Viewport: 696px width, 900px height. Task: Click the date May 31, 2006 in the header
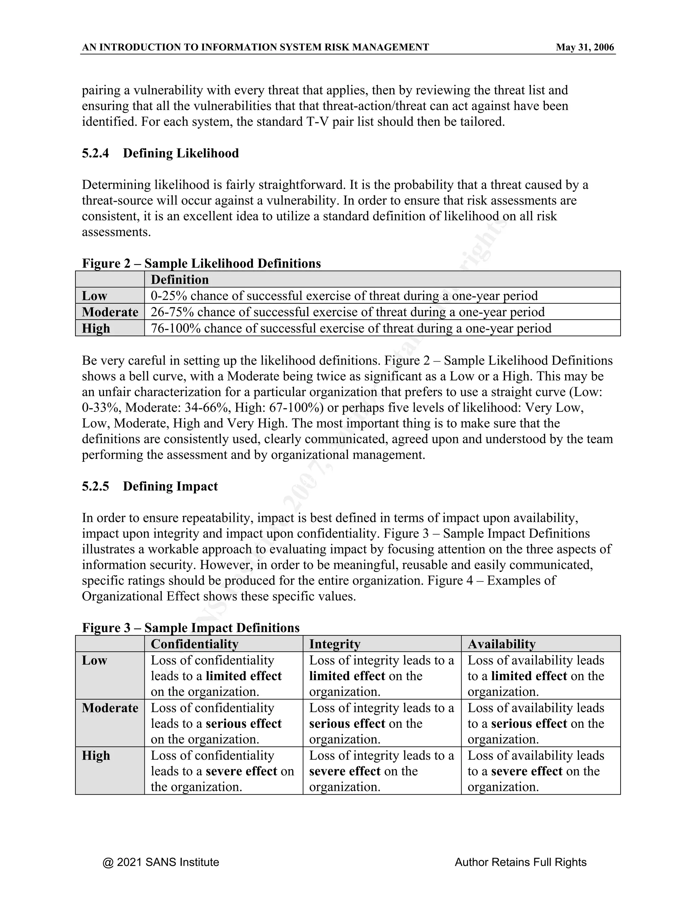click(x=584, y=48)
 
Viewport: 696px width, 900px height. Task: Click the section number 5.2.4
click(x=95, y=153)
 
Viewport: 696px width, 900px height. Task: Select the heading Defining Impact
click(x=170, y=486)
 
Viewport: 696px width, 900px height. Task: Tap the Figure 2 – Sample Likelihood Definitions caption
click(x=201, y=263)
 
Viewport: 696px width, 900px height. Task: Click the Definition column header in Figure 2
click(x=180, y=280)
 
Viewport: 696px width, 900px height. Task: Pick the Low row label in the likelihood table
click(x=94, y=296)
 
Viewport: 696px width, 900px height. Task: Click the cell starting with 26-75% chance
click(x=347, y=312)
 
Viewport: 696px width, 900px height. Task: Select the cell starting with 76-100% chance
click(x=350, y=328)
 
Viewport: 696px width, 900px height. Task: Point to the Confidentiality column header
click(x=195, y=644)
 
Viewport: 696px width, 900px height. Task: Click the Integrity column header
click(x=335, y=644)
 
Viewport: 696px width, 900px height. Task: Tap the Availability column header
click(x=501, y=644)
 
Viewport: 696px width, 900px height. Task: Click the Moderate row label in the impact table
click(x=110, y=708)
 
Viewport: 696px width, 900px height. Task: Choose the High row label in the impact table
click(x=95, y=755)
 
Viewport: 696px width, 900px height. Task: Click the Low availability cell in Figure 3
click(x=536, y=676)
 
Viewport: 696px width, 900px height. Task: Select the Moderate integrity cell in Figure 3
click(x=381, y=724)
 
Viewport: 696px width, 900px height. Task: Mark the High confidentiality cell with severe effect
click(x=222, y=771)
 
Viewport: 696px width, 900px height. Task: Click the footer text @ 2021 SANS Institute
click(x=161, y=863)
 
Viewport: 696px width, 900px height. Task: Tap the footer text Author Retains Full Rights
click(x=520, y=863)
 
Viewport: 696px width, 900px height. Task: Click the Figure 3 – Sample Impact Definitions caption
click(x=191, y=628)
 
